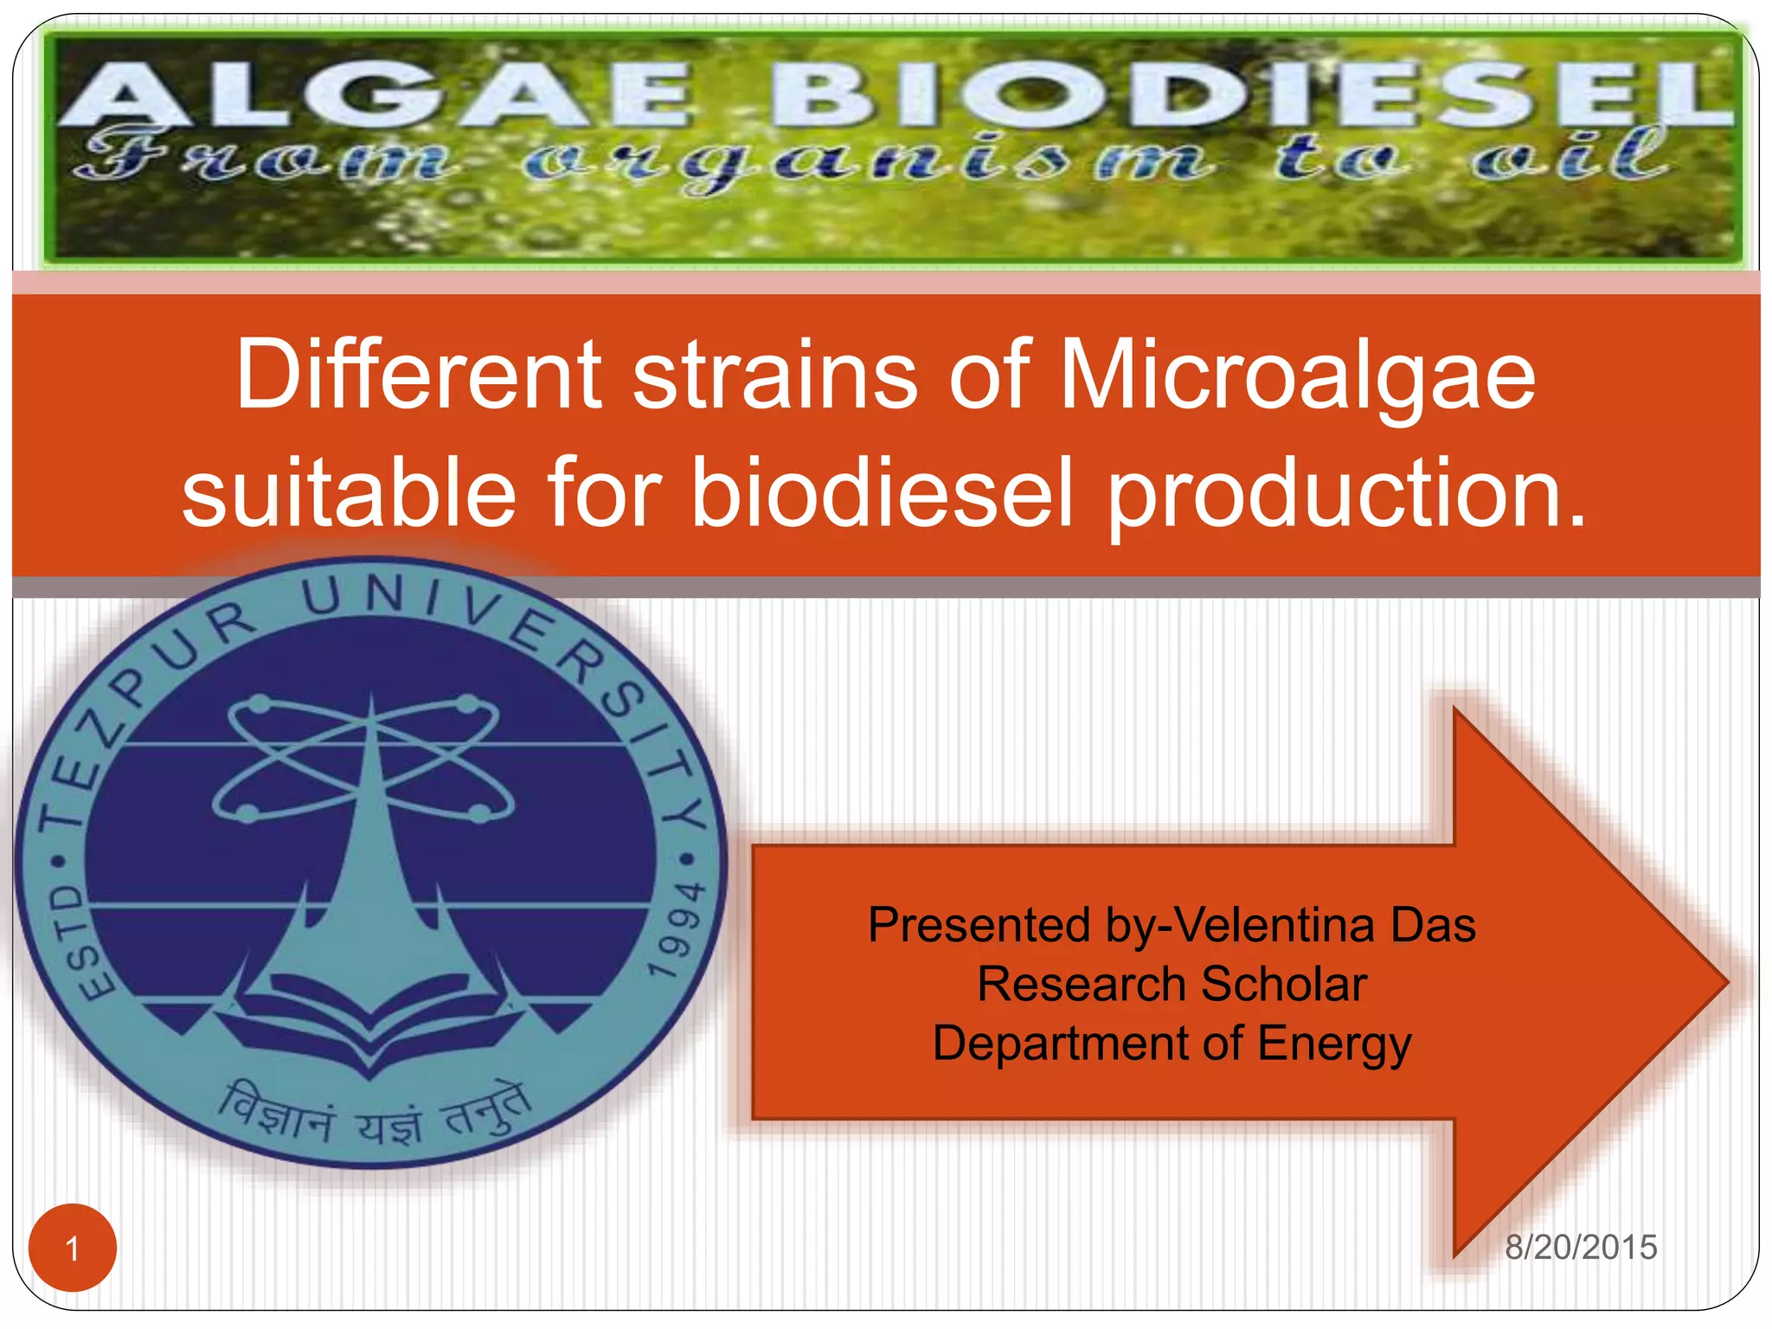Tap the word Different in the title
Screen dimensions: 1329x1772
click(x=418, y=375)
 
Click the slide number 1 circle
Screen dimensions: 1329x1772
click(x=73, y=1248)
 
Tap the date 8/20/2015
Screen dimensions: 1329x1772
click(x=1580, y=1247)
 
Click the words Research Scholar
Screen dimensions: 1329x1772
click(x=1172, y=985)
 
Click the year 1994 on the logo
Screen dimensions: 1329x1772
click(x=679, y=930)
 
